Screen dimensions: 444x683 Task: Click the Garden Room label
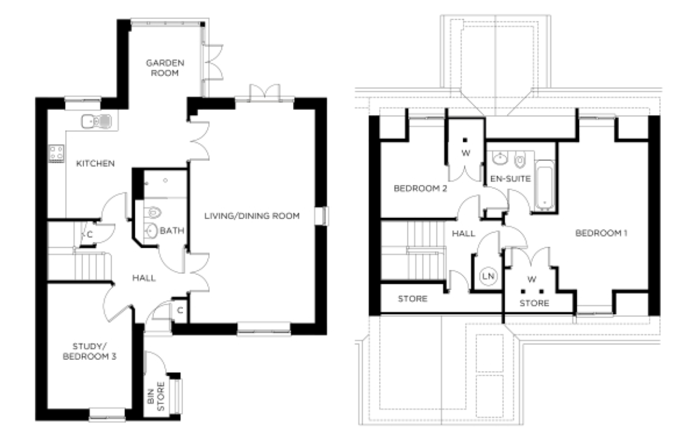pyautogui.click(x=165, y=68)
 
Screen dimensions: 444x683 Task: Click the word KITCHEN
pyautogui.click(x=95, y=164)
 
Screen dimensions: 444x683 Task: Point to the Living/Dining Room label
pyautogui.click(x=252, y=216)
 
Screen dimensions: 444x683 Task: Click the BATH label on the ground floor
pyautogui.click(x=172, y=231)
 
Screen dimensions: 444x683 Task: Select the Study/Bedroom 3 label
pyautogui.click(x=89, y=351)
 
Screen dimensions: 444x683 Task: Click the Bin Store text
pyautogui.click(x=156, y=396)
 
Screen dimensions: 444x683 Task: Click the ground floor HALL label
pyautogui.click(x=144, y=278)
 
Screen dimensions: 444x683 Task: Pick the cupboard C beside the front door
pyautogui.click(x=180, y=310)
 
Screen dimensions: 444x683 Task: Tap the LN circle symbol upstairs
pyautogui.click(x=488, y=276)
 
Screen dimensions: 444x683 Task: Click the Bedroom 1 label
pyautogui.click(x=601, y=233)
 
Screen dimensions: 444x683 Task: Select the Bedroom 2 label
pyautogui.click(x=420, y=188)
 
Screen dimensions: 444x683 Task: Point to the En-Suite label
pyautogui.click(x=510, y=178)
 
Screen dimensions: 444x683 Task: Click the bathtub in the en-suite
pyautogui.click(x=544, y=185)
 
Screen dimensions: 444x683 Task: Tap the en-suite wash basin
pyautogui.click(x=500, y=158)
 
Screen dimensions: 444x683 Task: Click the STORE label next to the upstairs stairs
pyautogui.click(x=412, y=299)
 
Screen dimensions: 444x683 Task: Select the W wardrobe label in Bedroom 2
pyautogui.click(x=466, y=153)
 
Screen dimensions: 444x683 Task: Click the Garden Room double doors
pyautogui.click(x=213, y=62)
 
